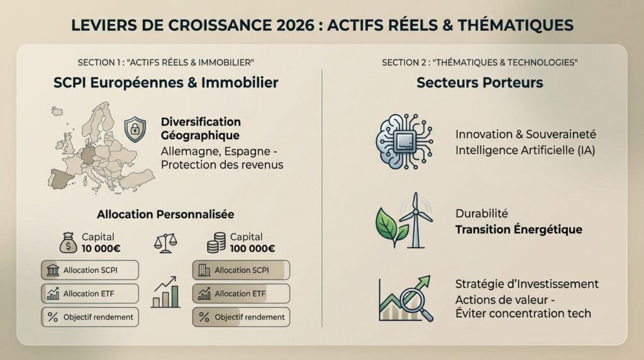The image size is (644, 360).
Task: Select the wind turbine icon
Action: [416, 219]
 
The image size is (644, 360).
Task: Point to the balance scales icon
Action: [165, 242]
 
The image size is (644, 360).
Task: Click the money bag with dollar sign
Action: [68, 242]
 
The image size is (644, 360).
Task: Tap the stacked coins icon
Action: [216, 243]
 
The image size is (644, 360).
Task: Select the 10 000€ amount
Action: [102, 248]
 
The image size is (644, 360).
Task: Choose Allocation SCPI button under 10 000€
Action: [90, 270]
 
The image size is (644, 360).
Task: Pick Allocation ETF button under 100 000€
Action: [241, 294]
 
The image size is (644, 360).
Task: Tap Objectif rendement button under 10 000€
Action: [90, 317]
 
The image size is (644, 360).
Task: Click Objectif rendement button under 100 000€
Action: [241, 317]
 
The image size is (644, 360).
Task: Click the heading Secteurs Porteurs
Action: [479, 82]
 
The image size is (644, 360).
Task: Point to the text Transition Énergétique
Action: [518, 230]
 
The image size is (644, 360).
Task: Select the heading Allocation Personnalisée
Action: [165, 215]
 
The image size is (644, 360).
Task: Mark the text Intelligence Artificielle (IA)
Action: [525, 150]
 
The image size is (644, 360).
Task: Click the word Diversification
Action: [201, 121]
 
